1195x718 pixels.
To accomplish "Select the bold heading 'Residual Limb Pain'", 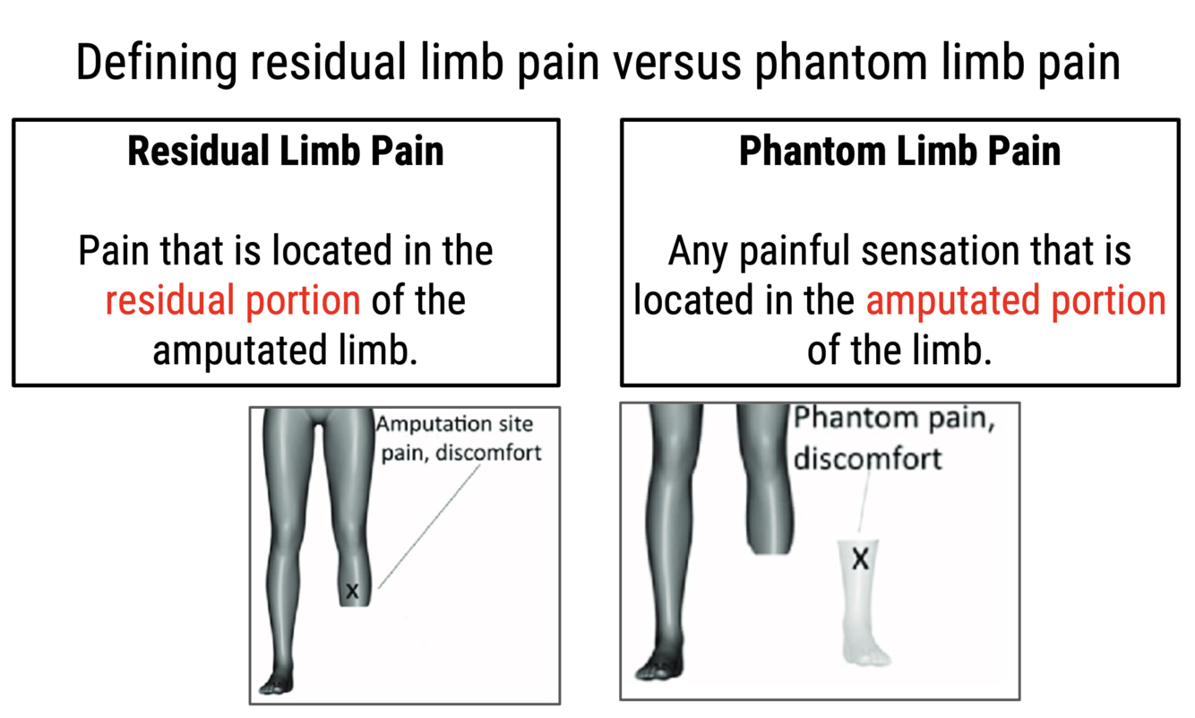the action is tap(286, 151).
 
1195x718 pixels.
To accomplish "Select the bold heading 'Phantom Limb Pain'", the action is tap(899, 151).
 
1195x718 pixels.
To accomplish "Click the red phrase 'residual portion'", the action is tap(233, 300).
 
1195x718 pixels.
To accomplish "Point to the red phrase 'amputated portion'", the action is tap(1016, 300).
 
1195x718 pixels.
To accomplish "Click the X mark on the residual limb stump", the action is tap(352, 591).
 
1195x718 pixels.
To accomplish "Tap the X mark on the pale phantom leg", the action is tap(860, 560).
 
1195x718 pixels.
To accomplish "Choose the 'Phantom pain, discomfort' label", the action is tap(892, 438).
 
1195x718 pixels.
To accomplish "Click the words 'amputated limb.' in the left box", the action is tap(285, 350).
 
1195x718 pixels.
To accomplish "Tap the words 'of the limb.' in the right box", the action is tap(899, 349).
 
